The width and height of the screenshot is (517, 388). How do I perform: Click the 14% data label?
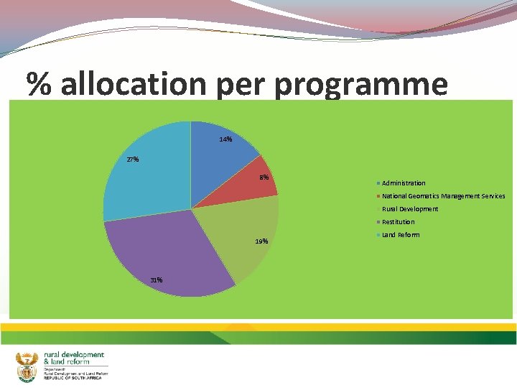pyautogui.click(x=225, y=139)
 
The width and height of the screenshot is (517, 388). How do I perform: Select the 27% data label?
pyautogui.click(x=133, y=160)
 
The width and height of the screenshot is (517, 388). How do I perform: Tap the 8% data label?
pyautogui.click(x=264, y=177)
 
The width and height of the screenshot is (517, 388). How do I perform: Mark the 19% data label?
pyautogui.click(x=261, y=241)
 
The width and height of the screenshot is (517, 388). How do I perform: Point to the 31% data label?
pyautogui.click(x=156, y=280)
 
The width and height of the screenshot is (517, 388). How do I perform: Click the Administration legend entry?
pyautogui.click(x=403, y=183)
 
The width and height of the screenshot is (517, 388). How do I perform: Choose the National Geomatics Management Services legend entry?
pyautogui.click(x=443, y=196)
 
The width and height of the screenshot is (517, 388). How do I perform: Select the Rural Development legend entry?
pyautogui.click(x=409, y=209)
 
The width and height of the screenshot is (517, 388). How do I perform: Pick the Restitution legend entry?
pyautogui.click(x=398, y=222)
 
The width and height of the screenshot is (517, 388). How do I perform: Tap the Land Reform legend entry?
pyautogui.click(x=401, y=235)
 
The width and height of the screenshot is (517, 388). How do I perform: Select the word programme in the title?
pyautogui.click(x=360, y=85)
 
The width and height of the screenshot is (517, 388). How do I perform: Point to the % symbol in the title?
pyautogui.click(x=40, y=85)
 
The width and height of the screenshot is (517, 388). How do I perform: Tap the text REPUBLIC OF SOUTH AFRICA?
pyautogui.click(x=73, y=378)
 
